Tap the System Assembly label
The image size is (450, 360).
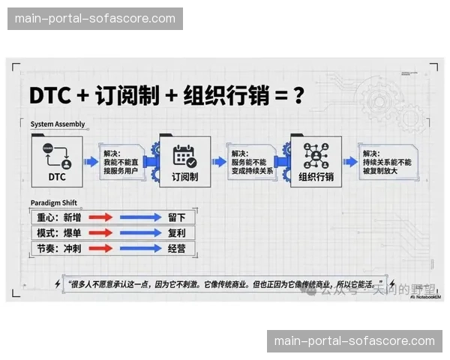[58, 124]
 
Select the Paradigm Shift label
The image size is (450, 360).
[55, 203]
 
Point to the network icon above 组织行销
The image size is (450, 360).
[315, 155]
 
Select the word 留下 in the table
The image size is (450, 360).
[177, 217]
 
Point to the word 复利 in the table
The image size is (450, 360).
[177, 233]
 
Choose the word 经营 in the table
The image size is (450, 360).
[177, 248]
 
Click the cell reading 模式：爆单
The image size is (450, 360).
[59, 233]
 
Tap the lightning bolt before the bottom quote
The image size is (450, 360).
[58, 285]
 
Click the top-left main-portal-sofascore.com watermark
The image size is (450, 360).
[95, 19]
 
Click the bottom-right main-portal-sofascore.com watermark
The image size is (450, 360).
[355, 341]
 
